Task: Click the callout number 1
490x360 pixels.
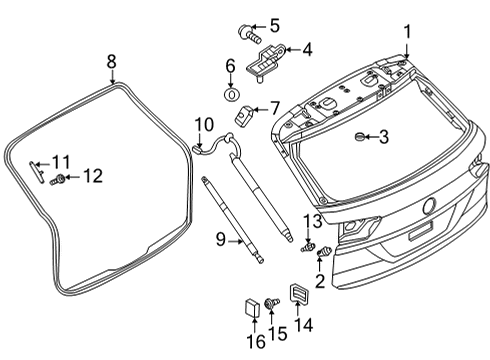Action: (407, 32)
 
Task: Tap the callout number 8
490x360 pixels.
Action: (112, 62)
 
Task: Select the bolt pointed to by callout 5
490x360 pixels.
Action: (249, 34)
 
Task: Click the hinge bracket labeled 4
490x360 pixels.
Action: (265, 63)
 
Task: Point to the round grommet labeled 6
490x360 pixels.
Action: (232, 94)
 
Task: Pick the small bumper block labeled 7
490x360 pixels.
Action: (245, 115)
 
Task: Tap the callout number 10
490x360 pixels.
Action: (204, 124)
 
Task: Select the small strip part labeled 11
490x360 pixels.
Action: (37, 172)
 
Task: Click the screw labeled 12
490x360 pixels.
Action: (57, 180)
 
